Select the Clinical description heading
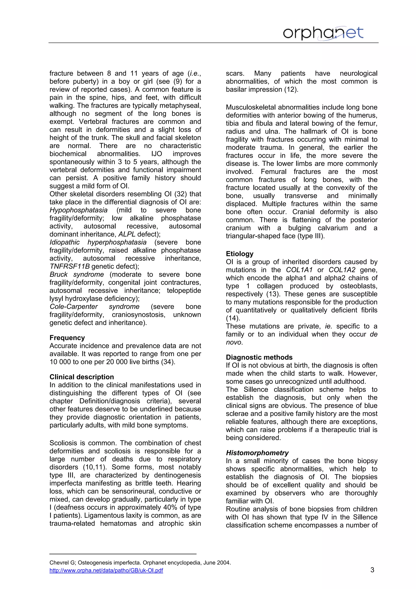[x=81, y=377]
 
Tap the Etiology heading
[x=239, y=254]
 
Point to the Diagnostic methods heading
[x=259, y=357]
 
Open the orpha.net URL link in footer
[x=106, y=570]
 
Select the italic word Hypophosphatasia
[x=78, y=210]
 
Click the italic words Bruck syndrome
[x=77, y=275]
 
